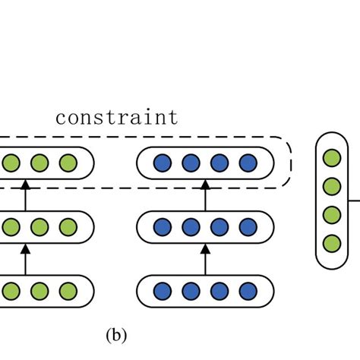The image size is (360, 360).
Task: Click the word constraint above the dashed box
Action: click(x=117, y=118)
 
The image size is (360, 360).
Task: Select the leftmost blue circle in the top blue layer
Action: click(x=162, y=163)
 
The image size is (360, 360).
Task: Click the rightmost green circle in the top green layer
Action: click(x=68, y=163)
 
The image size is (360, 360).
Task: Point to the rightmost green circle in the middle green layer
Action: click(x=68, y=226)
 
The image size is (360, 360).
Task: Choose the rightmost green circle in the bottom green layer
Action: click(x=68, y=291)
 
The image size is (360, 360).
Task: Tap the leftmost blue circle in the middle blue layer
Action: click(x=162, y=226)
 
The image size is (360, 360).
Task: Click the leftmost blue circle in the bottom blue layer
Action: click(x=162, y=291)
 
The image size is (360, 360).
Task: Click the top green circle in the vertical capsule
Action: click(x=330, y=158)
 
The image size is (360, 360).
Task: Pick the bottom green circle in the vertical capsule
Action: click(x=330, y=243)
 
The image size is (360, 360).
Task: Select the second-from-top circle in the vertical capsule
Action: click(x=330, y=186)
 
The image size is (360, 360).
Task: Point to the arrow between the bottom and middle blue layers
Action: click(x=205, y=258)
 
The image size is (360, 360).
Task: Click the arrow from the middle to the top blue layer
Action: click(x=205, y=194)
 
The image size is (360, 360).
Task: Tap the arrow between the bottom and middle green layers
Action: click(x=25, y=258)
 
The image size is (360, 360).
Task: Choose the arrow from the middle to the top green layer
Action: click(x=25, y=194)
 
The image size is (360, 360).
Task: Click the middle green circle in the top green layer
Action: click(x=39, y=163)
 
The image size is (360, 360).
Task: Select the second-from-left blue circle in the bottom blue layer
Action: click(x=191, y=291)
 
